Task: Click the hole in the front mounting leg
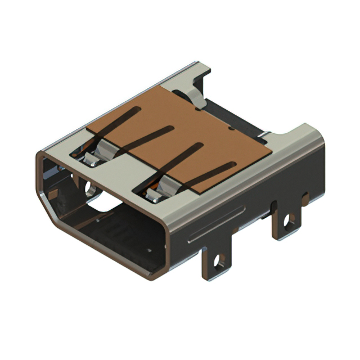tap(219, 260)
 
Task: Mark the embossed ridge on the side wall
tap(217, 223)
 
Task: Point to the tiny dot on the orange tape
tap(232, 129)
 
